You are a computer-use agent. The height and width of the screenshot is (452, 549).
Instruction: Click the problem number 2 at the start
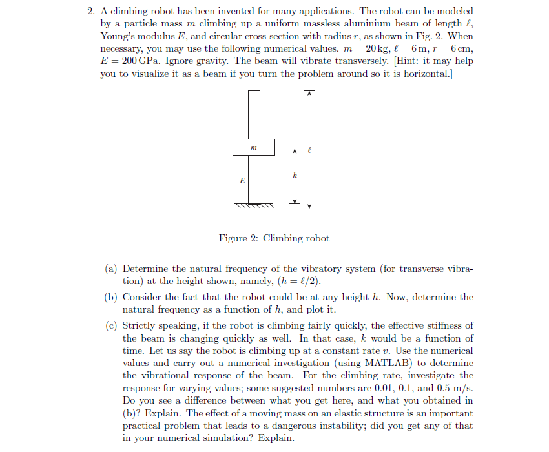point(90,12)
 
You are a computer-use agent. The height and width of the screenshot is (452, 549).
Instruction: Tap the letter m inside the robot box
point(253,147)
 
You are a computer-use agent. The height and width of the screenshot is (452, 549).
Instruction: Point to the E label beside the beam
point(242,181)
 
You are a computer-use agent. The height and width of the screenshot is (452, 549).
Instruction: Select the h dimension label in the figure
point(295,176)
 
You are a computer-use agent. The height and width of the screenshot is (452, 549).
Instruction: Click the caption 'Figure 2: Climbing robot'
point(274,238)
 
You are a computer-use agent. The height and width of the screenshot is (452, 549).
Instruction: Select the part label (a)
point(112,269)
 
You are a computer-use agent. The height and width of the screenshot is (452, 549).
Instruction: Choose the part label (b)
point(112,297)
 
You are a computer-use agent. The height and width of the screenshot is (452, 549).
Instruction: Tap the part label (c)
point(112,325)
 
